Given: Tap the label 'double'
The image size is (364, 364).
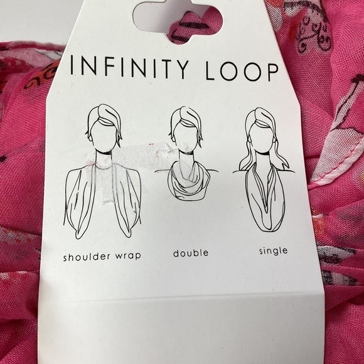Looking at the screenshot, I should (191, 254).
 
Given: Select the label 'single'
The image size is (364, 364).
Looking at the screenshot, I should (273, 251).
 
